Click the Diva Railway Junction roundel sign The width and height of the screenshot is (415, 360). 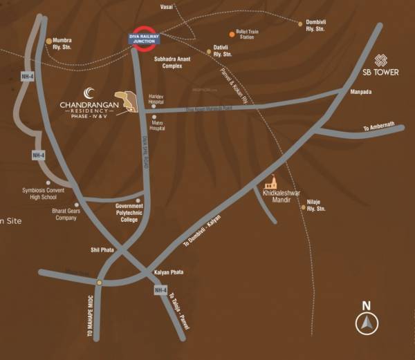point(144,39)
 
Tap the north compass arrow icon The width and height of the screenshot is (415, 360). point(367,322)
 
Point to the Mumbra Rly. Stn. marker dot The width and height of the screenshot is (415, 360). point(48,41)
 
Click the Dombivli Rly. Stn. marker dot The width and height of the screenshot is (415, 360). point(300,23)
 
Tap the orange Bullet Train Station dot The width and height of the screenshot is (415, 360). point(232,33)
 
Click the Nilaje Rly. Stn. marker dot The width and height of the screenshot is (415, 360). point(303,207)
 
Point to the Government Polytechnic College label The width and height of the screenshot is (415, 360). point(129,214)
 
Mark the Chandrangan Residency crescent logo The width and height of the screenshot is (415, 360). point(88,93)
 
